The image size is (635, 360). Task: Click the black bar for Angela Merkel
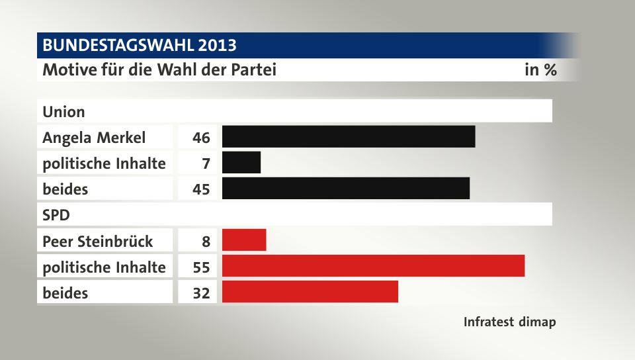349,136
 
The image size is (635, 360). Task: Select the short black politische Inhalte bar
241,162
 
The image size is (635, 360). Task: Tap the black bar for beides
346,188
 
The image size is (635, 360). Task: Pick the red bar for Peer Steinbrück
244,240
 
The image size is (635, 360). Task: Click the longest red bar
373,266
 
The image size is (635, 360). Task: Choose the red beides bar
310,292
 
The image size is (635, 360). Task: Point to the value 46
201,138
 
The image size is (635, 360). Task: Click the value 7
206,163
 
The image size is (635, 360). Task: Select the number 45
201,189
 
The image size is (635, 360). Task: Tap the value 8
206,241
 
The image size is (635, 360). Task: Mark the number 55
201,267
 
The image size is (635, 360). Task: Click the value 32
201,292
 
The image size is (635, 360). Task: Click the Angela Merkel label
94,138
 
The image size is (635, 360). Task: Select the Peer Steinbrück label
97,241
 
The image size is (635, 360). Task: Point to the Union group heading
63,111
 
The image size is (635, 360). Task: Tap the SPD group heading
56,215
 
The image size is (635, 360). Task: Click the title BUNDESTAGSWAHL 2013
139,46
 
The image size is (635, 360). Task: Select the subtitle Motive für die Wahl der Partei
159,69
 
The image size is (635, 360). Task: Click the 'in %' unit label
540,69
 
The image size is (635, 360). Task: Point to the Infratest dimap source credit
509,322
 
